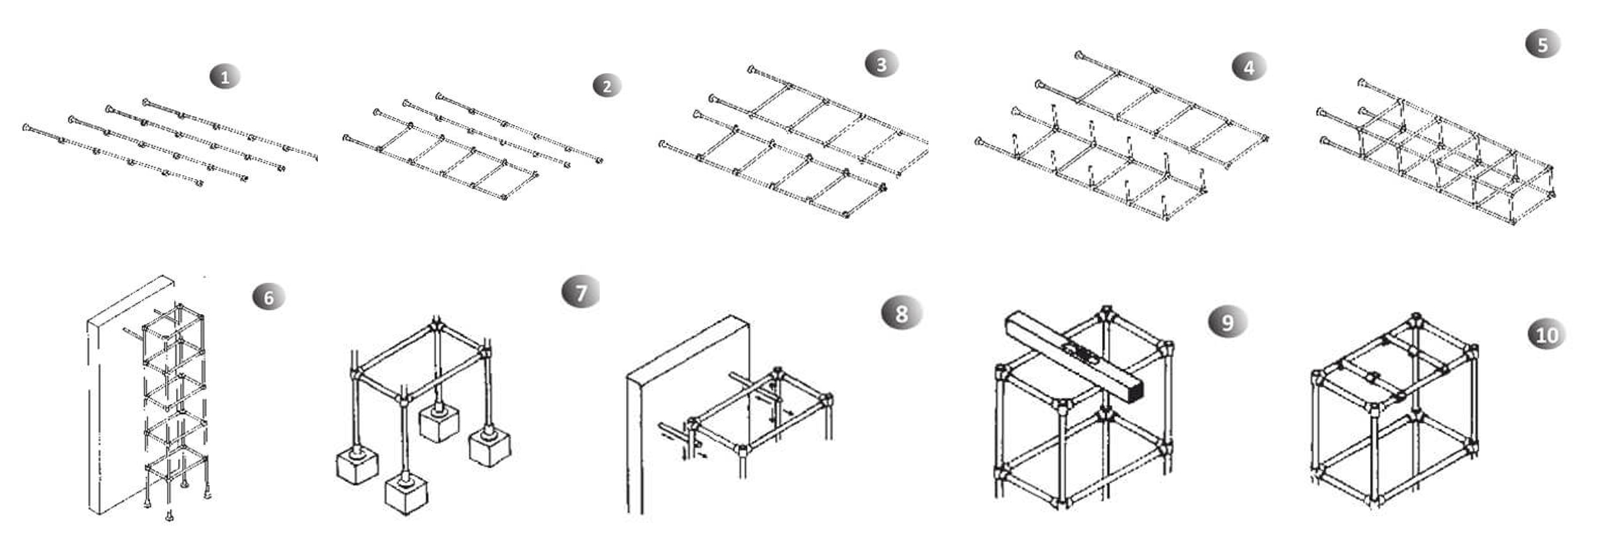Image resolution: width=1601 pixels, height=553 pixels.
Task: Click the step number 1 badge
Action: tap(225, 77)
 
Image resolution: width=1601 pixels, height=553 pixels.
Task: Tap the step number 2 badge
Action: tap(607, 86)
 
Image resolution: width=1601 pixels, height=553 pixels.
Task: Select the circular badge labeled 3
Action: tap(881, 64)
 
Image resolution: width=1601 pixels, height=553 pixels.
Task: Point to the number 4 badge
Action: tap(1248, 68)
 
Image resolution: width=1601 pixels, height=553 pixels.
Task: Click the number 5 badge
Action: tap(1543, 44)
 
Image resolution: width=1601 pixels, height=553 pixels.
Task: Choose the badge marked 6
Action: tap(268, 297)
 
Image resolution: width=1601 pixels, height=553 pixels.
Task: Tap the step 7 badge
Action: tap(580, 293)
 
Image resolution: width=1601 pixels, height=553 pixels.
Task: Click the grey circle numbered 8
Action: tap(901, 313)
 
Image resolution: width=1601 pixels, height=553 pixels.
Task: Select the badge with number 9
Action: tap(1227, 322)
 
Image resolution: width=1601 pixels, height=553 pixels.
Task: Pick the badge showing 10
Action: tap(1547, 334)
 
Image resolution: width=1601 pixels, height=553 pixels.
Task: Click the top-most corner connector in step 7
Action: tap(435, 326)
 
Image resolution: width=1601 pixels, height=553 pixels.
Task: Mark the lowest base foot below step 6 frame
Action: tap(169, 517)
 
